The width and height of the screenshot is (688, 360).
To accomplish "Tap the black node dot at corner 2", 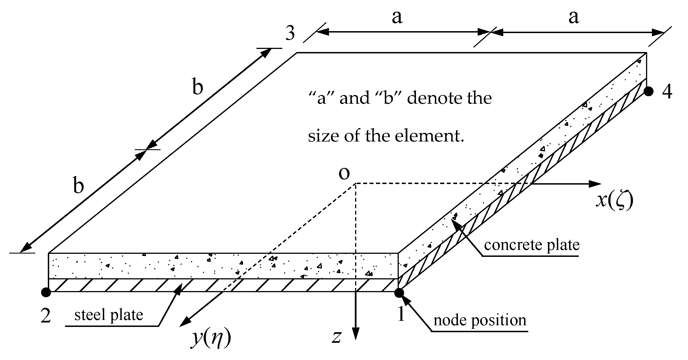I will [46, 292].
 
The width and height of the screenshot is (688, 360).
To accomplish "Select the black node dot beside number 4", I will [649, 91].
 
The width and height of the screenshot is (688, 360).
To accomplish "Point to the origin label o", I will [344, 173].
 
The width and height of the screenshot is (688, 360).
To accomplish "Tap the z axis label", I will [336, 337].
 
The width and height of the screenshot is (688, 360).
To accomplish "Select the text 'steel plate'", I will [109, 315].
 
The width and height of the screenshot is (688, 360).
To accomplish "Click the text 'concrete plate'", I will [532, 245].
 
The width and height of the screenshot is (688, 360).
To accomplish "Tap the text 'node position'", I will [480, 320].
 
